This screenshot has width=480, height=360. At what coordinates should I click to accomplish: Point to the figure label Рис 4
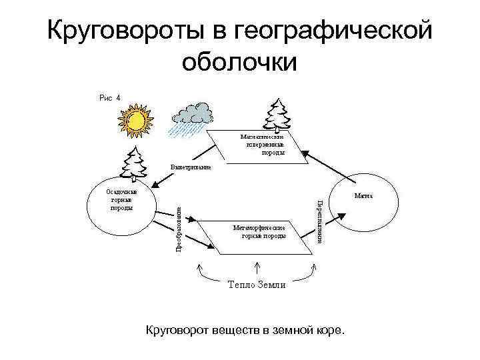[x=110, y=97]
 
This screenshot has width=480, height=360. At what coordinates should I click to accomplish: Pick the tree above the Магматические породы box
[x=275, y=114]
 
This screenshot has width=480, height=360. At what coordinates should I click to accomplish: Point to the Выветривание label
[x=191, y=167]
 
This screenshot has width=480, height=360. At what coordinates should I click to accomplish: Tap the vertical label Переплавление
[x=320, y=221]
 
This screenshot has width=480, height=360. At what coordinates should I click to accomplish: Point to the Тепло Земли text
[x=256, y=285]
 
